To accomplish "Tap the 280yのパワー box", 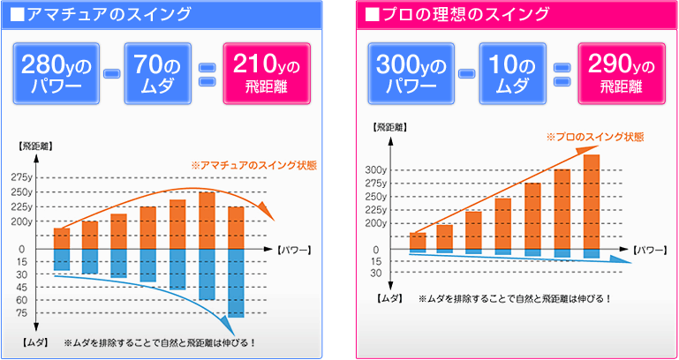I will coord(57,74).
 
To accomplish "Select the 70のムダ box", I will coord(156,74).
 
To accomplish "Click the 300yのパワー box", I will coord(413,74).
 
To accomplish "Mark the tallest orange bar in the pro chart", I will coord(592,202).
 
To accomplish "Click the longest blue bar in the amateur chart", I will coord(236,282).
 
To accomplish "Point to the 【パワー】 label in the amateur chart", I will coord(293,250).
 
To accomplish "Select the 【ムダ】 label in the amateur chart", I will coord(35,341).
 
